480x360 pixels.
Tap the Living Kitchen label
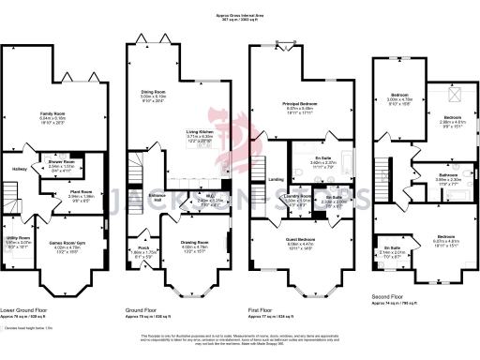pos(199,133)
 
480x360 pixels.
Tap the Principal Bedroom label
pos(299,103)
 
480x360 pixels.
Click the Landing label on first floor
pos(276,180)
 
